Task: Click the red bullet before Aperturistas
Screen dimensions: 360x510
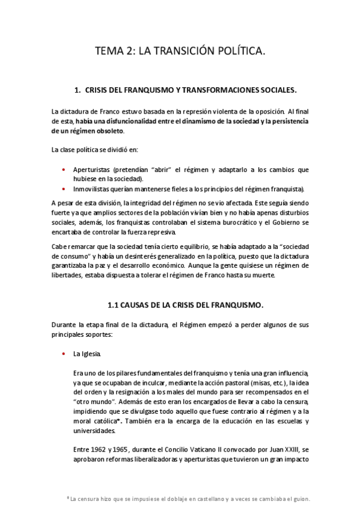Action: coord(64,170)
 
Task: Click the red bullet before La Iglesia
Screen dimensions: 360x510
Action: coord(64,352)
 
